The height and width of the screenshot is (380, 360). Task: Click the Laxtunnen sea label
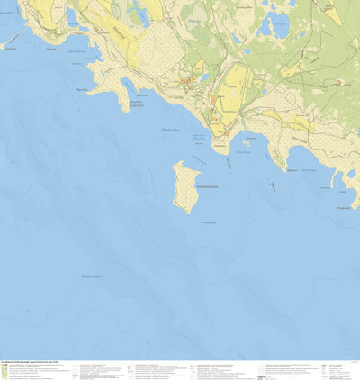pyautogui.click(x=91, y=276)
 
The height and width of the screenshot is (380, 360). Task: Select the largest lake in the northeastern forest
pyautogui.click(x=274, y=27)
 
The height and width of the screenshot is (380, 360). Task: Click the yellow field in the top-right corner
pyautogui.click(x=333, y=12)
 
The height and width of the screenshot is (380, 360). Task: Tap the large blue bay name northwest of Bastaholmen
pyautogui.click(x=169, y=130)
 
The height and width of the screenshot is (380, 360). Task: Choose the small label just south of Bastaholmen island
pyautogui.click(x=208, y=222)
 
